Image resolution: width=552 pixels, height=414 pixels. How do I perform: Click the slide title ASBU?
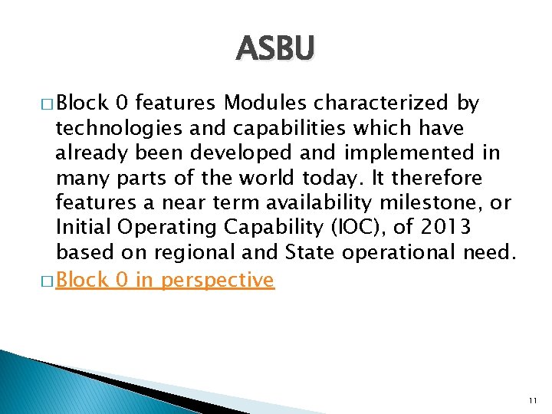(x=275, y=48)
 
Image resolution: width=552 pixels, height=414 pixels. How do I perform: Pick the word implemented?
(x=403, y=153)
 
